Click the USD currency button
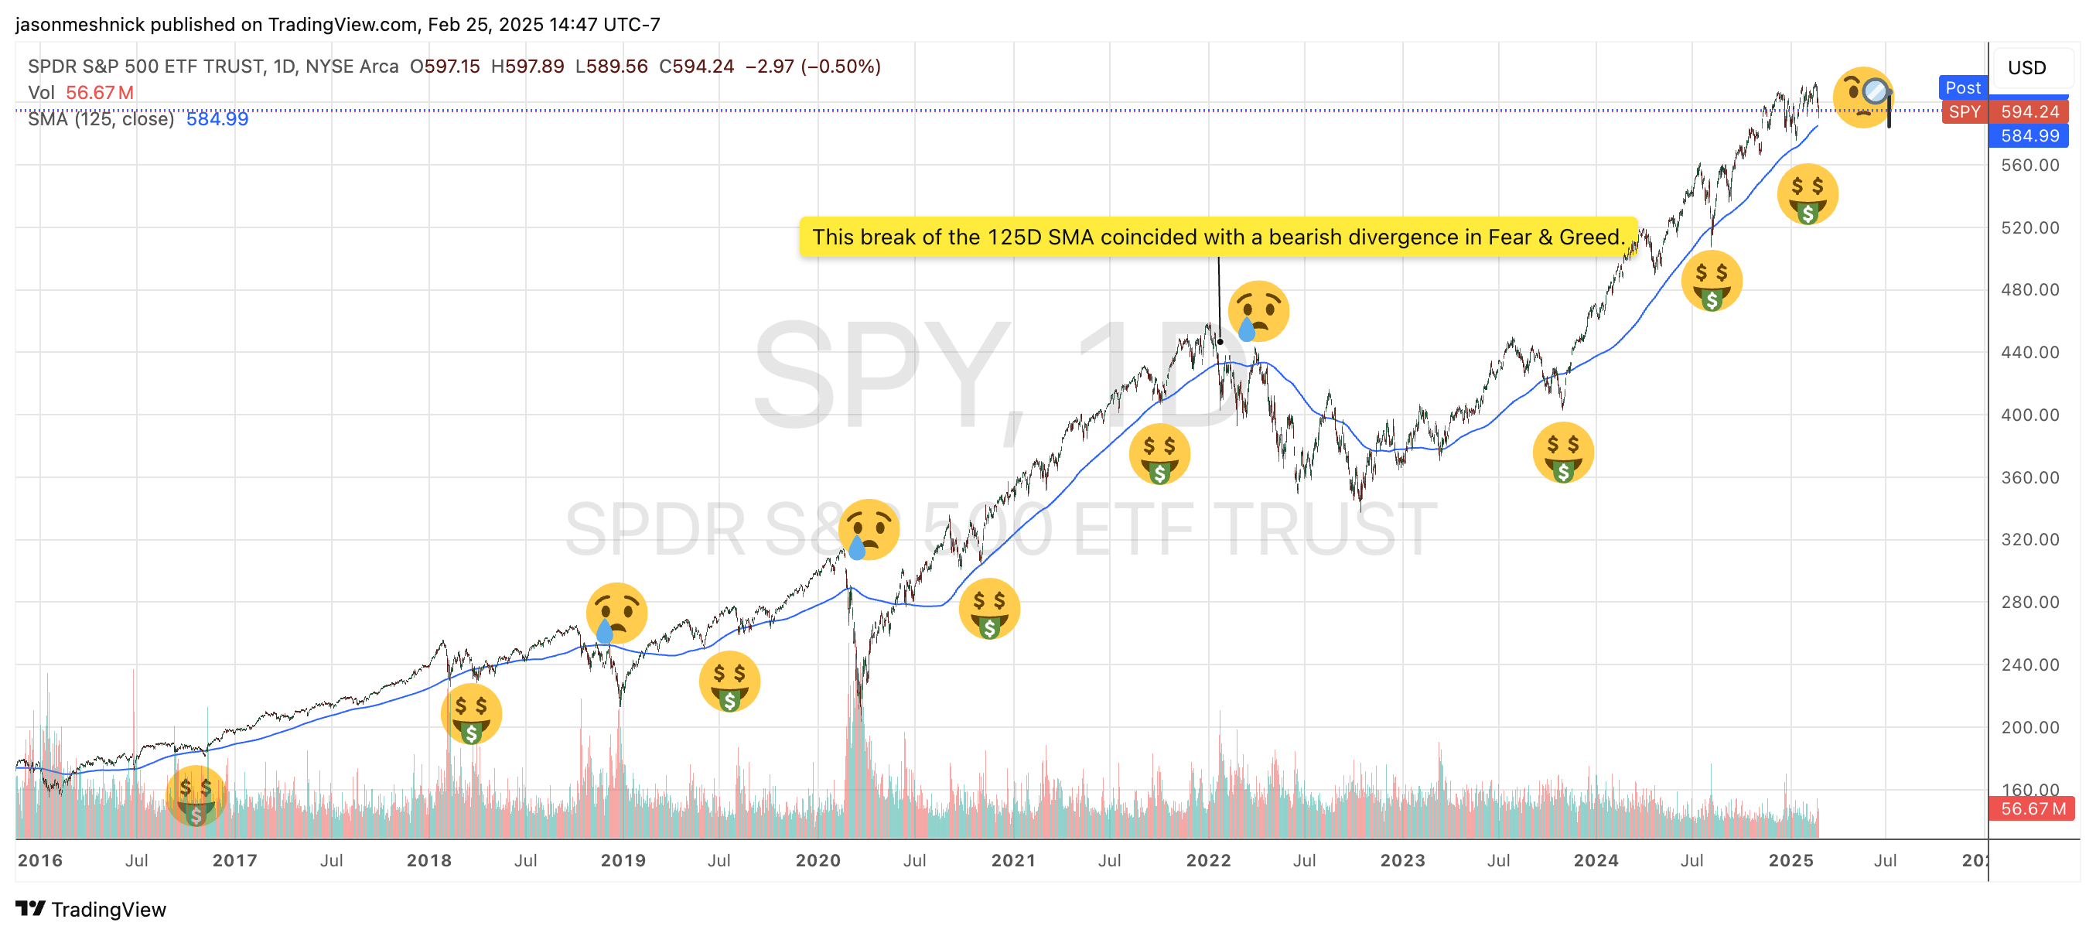click(2026, 67)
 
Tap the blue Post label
click(1962, 87)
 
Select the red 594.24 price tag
click(2029, 111)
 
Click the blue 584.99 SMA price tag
click(2029, 136)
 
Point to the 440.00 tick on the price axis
click(2029, 353)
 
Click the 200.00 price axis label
click(2029, 727)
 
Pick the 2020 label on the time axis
click(818, 860)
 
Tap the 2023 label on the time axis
click(1402, 860)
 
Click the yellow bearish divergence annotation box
click(1217, 237)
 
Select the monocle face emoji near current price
click(1863, 97)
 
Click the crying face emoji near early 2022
click(1258, 312)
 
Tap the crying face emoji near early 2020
click(869, 530)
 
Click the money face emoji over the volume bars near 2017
click(195, 796)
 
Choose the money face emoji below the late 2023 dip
click(1562, 453)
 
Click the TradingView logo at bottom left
click(91, 909)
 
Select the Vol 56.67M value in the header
click(99, 93)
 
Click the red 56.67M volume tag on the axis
click(2031, 808)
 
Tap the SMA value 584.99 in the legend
click(217, 119)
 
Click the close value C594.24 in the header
click(697, 66)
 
